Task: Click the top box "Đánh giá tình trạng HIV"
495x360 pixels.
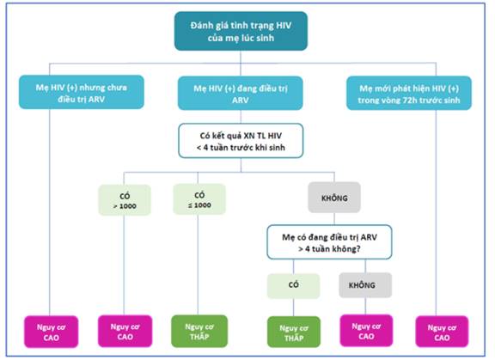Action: tap(241, 31)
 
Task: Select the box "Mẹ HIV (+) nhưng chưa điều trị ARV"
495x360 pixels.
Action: tap(82, 92)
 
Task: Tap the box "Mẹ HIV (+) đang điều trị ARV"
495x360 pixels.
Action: tap(241, 93)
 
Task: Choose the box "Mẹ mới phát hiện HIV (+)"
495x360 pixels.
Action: tap(409, 93)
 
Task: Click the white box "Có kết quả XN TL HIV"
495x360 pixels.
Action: tap(241, 141)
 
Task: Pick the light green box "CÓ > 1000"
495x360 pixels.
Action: tap(125, 200)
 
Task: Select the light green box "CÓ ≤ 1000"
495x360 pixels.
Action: tap(199, 199)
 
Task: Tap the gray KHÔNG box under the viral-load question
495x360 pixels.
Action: tap(334, 198)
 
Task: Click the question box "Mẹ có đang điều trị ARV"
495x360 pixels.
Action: tap(329, 242)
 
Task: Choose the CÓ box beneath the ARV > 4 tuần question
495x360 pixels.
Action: tap(293, 286)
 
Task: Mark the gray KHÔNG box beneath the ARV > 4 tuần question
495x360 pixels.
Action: tap(365, 285)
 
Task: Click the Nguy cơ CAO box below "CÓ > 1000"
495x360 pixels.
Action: tap(125, 332)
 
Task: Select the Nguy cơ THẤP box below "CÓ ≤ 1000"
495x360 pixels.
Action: tap(199, 332)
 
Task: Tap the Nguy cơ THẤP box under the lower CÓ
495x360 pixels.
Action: tap(294, 333)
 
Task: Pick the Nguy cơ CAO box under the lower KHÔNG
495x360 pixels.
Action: tap(366, 331)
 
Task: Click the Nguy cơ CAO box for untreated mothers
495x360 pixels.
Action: tap(52, 332)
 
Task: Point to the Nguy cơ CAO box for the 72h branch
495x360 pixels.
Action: tap(442, 332)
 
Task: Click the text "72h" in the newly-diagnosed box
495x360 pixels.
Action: tap(410, 101)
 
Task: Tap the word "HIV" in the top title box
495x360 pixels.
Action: tap(284, 25)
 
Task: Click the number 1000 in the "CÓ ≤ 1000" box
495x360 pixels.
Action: tap(203, 205)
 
